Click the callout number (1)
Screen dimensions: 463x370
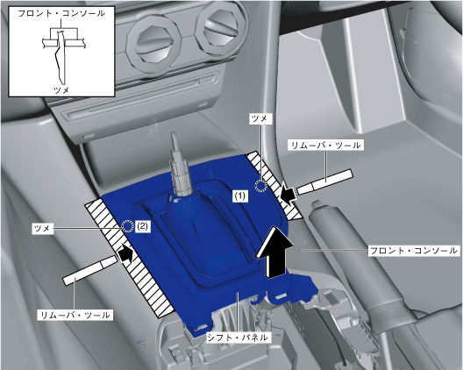239,196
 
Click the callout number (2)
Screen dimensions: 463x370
142,226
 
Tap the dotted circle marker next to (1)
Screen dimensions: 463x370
260,186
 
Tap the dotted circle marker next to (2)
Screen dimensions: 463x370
127,226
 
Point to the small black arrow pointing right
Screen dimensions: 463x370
125,254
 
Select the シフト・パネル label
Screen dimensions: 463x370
238,337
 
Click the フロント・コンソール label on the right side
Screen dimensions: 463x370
413,251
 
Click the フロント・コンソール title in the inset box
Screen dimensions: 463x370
61,13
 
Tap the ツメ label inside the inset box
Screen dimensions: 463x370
61,89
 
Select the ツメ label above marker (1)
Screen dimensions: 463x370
259,118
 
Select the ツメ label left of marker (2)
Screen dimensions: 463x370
42,228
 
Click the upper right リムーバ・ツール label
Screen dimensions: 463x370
325,145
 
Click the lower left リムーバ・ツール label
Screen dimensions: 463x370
75,315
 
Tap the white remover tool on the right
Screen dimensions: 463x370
324,182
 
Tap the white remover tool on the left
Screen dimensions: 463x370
90,271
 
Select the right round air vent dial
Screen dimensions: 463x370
221,29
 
